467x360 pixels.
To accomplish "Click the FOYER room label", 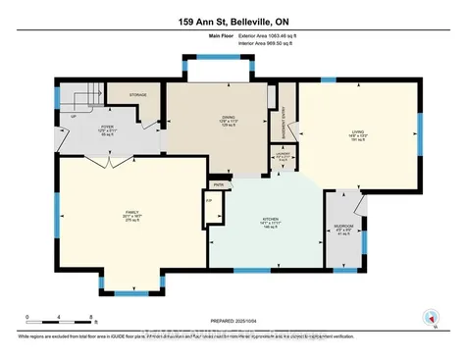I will pyautogui.click(x=107, y=130).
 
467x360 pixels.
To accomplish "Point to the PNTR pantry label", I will pyautogui.click(x=219, y=183).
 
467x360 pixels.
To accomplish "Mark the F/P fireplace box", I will pyautogui.click(x=208, y=202).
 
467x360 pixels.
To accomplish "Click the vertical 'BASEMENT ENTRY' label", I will pyautogui.click(x=283, y=120).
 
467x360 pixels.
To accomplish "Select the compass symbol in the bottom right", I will pyautogui.click(x=429, y=316).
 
